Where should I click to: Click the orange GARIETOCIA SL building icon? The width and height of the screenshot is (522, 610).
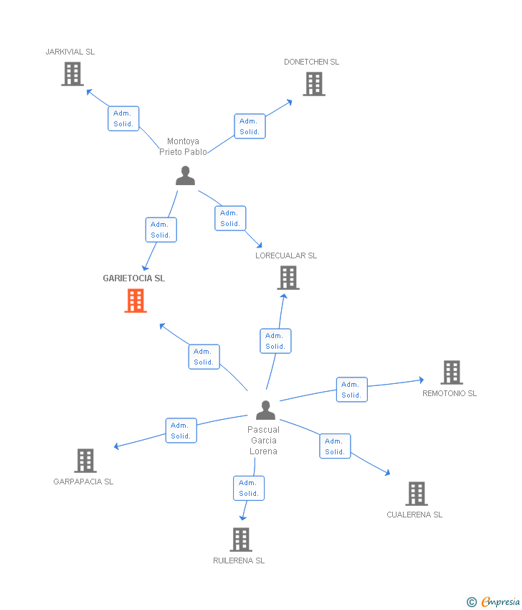point(136,301)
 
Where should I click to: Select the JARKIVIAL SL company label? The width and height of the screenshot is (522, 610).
point(70,52)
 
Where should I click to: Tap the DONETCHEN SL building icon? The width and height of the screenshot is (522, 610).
point(314,84)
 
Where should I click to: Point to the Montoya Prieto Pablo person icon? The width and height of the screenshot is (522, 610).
point(185,175)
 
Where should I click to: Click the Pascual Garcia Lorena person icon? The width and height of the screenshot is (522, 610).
point(266,410)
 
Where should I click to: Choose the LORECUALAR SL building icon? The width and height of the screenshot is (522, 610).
point(288,278)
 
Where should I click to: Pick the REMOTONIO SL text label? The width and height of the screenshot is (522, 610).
point(450,393)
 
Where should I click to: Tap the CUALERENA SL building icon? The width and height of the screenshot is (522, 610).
point(417,494)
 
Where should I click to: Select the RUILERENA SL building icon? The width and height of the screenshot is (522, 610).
point(241,540)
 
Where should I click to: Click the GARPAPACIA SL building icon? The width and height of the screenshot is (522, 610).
point(85,461)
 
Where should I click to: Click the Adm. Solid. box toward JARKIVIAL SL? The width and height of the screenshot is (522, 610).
point(123,118)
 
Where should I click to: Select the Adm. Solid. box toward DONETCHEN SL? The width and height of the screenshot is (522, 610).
point(250,126)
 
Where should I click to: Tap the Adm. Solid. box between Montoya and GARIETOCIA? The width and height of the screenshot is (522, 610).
point(161,230)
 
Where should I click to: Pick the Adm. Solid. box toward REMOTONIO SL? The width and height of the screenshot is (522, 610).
point(352,390)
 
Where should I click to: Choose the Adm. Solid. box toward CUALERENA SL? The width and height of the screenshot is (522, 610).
point(335,446)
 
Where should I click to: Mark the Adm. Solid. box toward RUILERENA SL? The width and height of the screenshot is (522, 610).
point(249,488)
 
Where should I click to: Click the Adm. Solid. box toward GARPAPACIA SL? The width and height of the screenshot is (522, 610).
point(181,431)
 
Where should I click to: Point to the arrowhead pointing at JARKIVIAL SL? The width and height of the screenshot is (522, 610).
point(89,92)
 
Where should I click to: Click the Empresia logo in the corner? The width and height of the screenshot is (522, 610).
point(493,602)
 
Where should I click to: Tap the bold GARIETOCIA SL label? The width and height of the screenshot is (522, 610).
point(133,278)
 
